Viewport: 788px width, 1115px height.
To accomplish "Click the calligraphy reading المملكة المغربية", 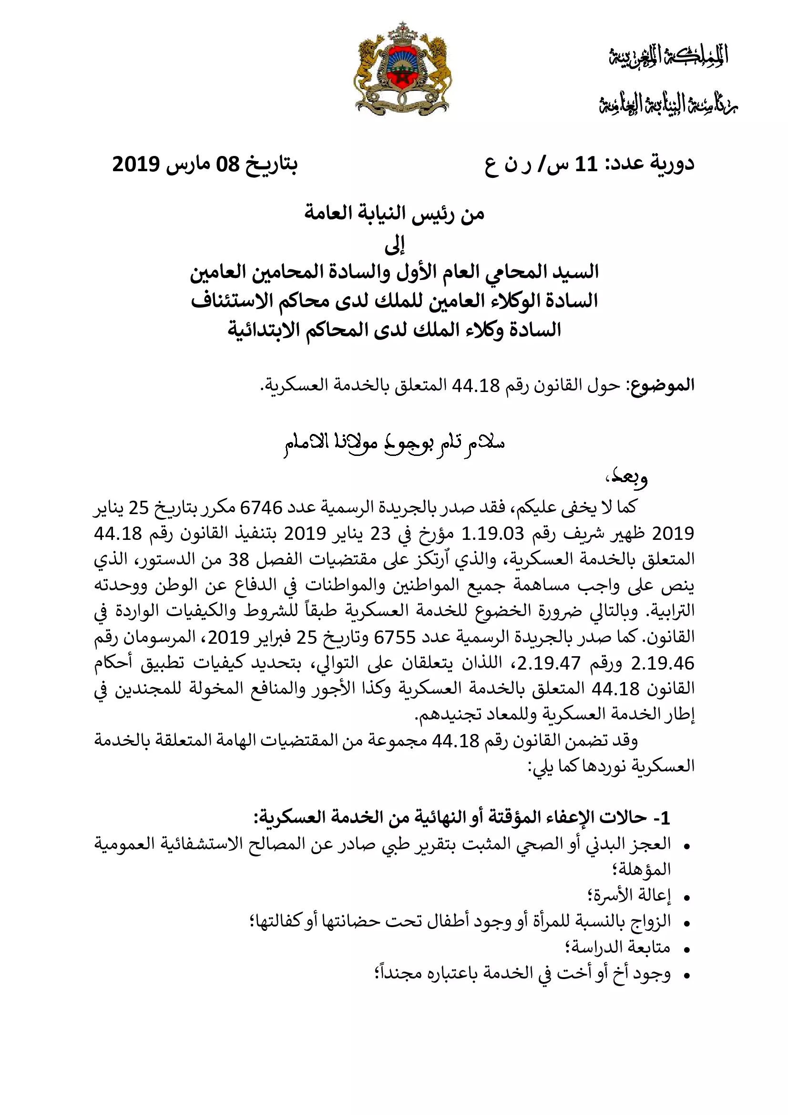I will (x=668, y=56).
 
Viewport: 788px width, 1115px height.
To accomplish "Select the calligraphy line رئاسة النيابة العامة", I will (x=668, y=104).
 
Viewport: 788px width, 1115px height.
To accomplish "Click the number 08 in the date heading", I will (x=228, y=164).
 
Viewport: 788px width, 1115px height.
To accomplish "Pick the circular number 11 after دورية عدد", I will (x=586, y=164).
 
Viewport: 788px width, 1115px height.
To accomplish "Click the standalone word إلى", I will (x=394, y=245).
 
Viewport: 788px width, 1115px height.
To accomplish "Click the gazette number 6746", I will (x=261, y=508).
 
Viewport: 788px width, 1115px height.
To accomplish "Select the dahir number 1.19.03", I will (x=492, y=534).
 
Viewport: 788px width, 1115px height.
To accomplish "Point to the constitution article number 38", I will (x=238, y=560).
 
